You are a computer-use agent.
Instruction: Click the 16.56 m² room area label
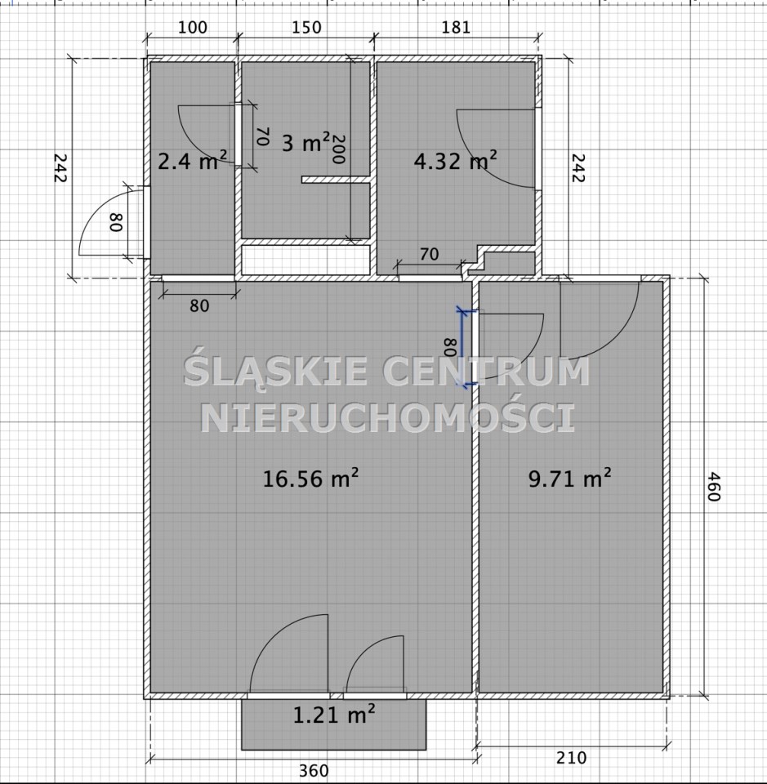310,479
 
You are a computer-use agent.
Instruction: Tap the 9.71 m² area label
569,479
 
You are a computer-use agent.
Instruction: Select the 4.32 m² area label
456,161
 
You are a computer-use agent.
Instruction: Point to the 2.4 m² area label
193,161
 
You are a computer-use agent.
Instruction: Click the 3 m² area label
306,142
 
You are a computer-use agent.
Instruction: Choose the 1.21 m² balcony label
333,715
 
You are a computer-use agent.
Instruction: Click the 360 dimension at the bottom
314,770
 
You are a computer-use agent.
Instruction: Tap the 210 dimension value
571,758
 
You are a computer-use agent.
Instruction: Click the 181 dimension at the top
456,27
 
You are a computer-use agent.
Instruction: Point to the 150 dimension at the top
306,27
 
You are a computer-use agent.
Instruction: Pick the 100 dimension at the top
193,27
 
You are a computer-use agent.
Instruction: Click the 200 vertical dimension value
338,149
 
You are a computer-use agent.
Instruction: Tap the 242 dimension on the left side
60,168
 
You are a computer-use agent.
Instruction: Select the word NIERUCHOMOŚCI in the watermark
388,418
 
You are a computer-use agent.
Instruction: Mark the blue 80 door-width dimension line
462,349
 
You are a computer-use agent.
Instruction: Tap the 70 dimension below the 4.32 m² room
429,255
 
